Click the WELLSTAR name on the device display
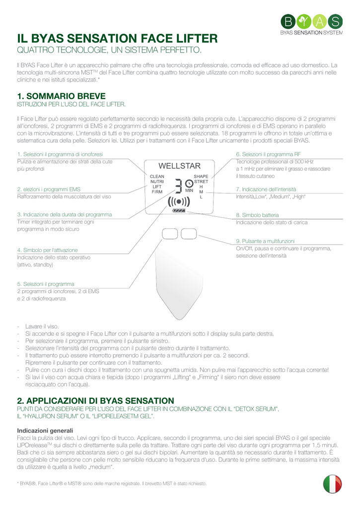click(179, 166)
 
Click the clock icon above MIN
click(189, 184)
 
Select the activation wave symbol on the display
click(179, 201)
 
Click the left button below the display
click(170, 233)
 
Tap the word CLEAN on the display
click(157, 176)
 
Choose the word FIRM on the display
click(157, 191)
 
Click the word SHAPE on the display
click(201, 176)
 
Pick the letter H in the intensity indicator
click(201, 187)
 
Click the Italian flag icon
click(332, 484)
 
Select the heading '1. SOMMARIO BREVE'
click(61, 96)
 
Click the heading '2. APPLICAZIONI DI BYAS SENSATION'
click(95, 400)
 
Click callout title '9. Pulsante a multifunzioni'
click(269, 241)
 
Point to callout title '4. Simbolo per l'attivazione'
click(47, 250)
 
